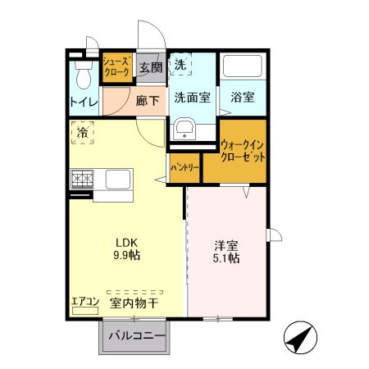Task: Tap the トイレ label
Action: (83, 102)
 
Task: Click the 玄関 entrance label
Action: (148, 67)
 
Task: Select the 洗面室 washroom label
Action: (192, 97)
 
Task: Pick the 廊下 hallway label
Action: (148, 96)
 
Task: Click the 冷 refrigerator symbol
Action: (83, 131)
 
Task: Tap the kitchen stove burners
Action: (83, 179)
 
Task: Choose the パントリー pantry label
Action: (184, 167)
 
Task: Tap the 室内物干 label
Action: (134, 303)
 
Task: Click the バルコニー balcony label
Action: (137, 336)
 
